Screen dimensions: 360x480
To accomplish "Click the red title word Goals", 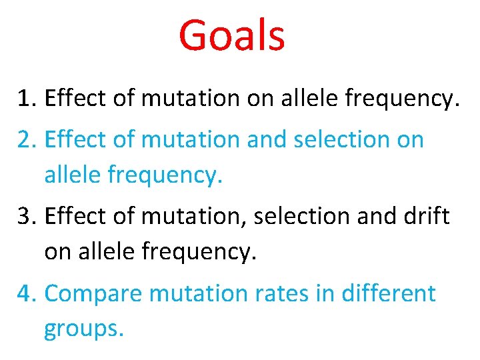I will [x=232, y=35].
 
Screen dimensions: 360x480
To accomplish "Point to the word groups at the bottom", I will [x=83, y=330].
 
